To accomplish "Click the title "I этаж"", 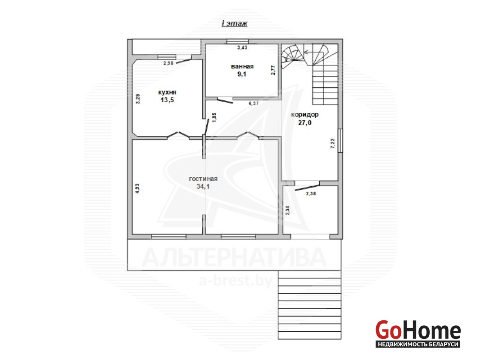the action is [x=234, y=23].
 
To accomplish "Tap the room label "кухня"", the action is [x=167, y=92].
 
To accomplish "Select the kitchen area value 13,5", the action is [x=167, y=100].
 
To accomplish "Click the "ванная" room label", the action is [x=242, y=67].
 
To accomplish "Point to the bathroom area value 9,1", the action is [x=242, y=74].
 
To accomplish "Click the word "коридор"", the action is [x=304, y=115].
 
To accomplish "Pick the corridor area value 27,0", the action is [x=304, y=123].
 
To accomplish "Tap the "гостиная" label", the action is [x=203, y=179].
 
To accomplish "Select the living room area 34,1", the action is [x=203, y=187].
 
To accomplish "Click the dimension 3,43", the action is [x=242, y=48].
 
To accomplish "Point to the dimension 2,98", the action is [x=168, y=63].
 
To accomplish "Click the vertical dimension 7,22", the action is [x=333, y=144].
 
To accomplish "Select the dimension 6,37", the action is [x=254, y=103].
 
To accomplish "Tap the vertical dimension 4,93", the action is [x=137, y=189].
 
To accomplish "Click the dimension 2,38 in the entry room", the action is [x=311, y=193].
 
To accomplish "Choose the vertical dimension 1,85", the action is [x=214, y=117].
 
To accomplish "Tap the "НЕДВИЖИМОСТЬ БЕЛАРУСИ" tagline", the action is [x=418, y=344].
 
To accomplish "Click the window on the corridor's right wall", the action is [x=340, y=141].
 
